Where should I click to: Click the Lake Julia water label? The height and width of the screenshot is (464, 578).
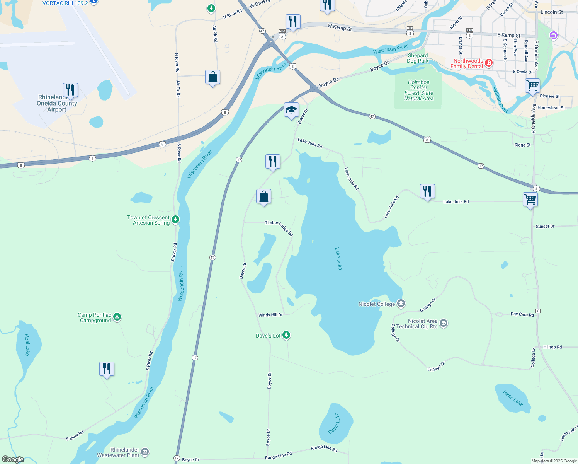tap(338, 259)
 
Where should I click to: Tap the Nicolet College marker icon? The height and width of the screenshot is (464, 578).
tap(401, 304)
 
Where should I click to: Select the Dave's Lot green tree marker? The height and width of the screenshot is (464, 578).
tap(286, 335)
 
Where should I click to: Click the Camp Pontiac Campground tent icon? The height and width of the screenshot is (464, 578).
tap(117, 317)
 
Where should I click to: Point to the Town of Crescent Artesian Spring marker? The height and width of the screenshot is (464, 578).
tap(175, 220)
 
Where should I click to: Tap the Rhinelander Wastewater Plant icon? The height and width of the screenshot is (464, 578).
tap(145, 452)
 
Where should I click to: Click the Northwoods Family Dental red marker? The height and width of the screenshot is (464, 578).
tap(489, 63)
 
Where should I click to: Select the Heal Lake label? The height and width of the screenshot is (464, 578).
tap(27, 345)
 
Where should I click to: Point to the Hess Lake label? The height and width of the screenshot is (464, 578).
tap(513, 398)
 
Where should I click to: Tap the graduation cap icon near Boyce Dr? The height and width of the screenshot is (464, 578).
tap(291, 110)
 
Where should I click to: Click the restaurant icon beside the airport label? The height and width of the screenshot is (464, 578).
tap(70, 90)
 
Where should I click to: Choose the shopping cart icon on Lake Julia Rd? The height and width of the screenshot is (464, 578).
tap(530, 200)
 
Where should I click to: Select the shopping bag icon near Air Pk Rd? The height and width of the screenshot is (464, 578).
tap(212, 77)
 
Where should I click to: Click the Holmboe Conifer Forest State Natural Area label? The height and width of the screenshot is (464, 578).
tap(419, 90)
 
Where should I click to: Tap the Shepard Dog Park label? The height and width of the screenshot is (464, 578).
tap(418, 58)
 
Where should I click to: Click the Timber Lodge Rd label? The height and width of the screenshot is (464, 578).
tap(279, 227)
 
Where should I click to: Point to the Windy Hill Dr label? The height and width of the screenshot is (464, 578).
tap(270, 315)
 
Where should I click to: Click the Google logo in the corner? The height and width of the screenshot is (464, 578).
tap(13, 459)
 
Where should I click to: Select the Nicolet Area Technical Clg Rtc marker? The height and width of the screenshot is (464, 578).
tap(444, 323)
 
